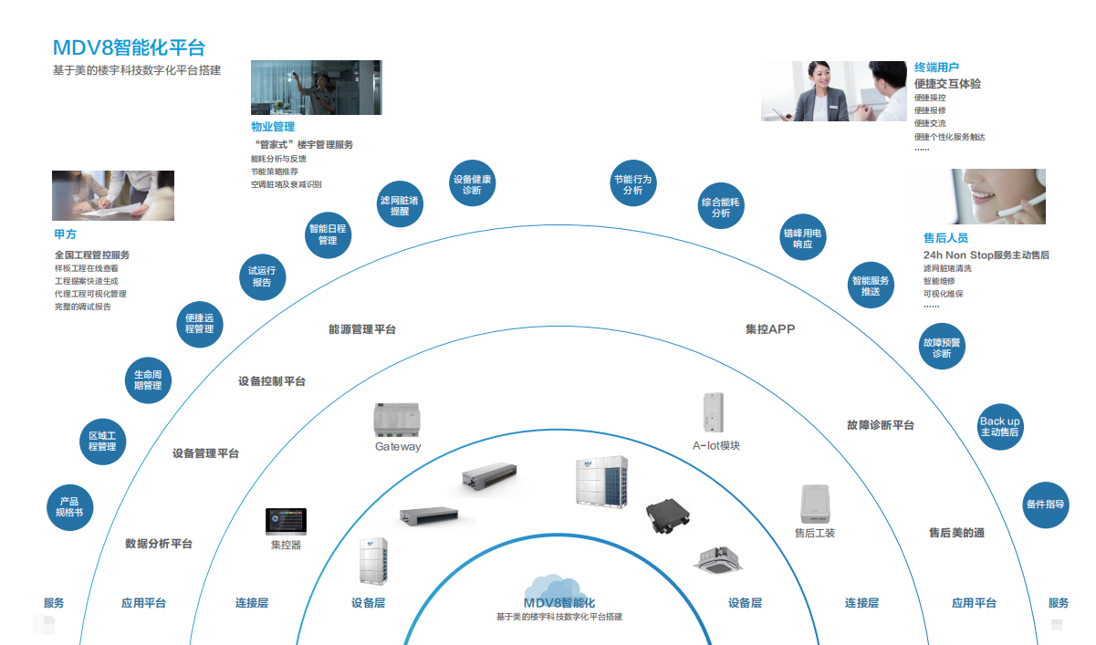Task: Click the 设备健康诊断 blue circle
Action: coord(472,185)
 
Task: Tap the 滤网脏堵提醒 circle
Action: coord(400,205)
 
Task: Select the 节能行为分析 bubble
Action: coord(633,185)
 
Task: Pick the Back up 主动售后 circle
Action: coord(1000,427)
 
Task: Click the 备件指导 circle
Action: coord(1045,505)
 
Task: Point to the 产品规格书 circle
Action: coord(69,507)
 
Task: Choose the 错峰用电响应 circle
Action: coord(803,239)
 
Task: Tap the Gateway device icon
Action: coord(398,421)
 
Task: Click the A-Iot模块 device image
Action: coord(714,413)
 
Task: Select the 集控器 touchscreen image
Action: coord(286,522)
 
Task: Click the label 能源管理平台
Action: coord(362,329)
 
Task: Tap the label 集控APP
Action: coord(770,328)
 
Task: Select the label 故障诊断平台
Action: coord(880,425)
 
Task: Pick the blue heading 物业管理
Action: coord(273,127)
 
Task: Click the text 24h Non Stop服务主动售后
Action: coord(986,255)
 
